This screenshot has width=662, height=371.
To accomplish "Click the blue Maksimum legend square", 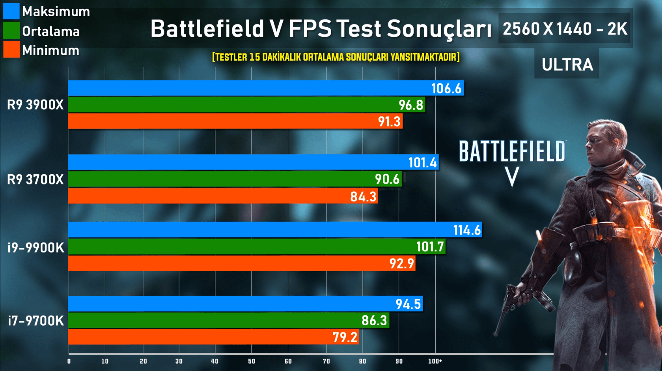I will pos(11,11).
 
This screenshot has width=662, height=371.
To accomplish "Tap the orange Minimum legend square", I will pos(11,50).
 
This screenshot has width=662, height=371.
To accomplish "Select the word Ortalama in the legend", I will pos(51,31).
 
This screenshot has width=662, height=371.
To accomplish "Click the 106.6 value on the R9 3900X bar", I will pos(446,88).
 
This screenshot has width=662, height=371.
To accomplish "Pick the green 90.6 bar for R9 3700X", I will pos(235,179).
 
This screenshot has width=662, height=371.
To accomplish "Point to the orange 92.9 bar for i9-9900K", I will pos(241,263).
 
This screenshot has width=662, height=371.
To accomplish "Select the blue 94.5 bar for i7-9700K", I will pos(245,304).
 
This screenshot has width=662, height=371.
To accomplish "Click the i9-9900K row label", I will pos(36,248).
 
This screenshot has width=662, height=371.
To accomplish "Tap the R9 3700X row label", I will pos(35,179).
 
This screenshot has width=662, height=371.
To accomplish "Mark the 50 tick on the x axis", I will pos(252,361).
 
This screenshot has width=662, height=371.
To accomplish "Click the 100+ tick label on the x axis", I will pos(435,361).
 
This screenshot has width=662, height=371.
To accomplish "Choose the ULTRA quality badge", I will pos(567,64).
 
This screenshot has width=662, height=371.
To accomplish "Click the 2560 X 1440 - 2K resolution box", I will pos(565,29).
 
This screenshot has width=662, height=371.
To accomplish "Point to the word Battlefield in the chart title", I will pos(207,29).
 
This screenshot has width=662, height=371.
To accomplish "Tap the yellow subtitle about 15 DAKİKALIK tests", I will pos(336,57).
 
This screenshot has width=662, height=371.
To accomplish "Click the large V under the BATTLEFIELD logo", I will pos(512,177).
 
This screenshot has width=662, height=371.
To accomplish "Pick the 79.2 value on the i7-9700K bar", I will pos(345,337).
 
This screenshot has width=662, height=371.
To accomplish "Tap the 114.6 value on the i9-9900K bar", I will pos(467,230).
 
